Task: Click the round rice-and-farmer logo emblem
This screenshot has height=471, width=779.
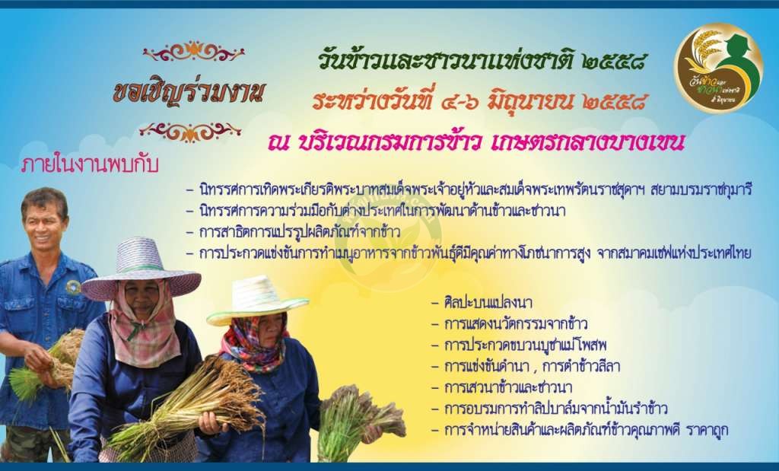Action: click(718, 68)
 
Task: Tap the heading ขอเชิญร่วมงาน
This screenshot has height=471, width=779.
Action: click(189, 92)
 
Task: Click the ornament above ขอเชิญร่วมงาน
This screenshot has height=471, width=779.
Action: click(194, 52)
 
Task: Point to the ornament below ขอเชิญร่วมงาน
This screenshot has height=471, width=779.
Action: click(190, 132)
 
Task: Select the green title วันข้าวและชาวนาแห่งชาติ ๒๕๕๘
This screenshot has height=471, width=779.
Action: click(482, 62)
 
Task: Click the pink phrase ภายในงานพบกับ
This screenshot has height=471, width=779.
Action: click(90, 164)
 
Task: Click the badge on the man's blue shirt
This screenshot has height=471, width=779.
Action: click(73, 287)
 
